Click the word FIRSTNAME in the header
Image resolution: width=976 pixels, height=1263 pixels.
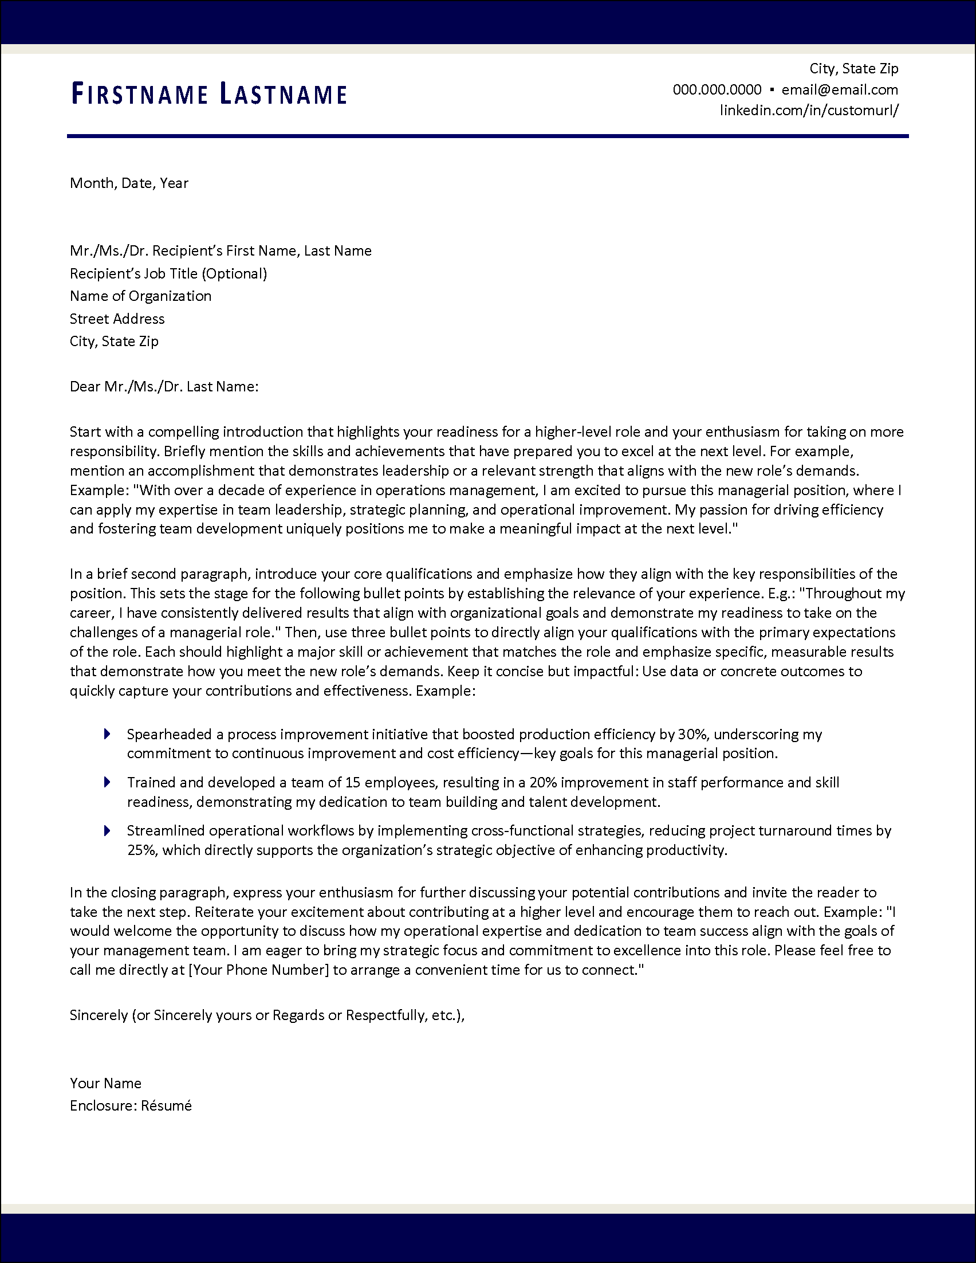tap(139, 94)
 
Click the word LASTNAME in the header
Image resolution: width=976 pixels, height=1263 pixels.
tap(283, 94)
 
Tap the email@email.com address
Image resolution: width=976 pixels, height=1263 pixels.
tap(840, 89)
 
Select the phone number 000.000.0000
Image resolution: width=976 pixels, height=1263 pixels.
tap(717, 89)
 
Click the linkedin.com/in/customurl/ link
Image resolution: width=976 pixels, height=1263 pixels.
tap(808, 110)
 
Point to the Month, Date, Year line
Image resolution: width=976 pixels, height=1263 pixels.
tap(129, 183)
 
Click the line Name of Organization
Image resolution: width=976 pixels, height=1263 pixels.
tap(140, 296)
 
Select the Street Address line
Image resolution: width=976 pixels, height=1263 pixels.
tap(117, 319)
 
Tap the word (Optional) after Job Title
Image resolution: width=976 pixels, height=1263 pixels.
tap(235, 273)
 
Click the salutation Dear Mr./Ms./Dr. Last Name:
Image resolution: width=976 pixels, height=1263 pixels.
tap(164, 386)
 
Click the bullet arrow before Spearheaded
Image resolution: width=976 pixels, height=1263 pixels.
tap(107, 734)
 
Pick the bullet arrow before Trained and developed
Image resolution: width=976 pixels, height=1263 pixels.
tap(107, 782)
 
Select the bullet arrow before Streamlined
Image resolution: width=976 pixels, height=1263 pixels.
tap(107, 830)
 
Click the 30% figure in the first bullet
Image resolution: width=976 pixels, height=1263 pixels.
tap(692, 735)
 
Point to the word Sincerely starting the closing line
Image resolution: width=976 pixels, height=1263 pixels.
tap(99, 1015)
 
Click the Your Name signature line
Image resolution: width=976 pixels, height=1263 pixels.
tap(105, 1083)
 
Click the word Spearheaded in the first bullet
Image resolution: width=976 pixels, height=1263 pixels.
tap(170, 735)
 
